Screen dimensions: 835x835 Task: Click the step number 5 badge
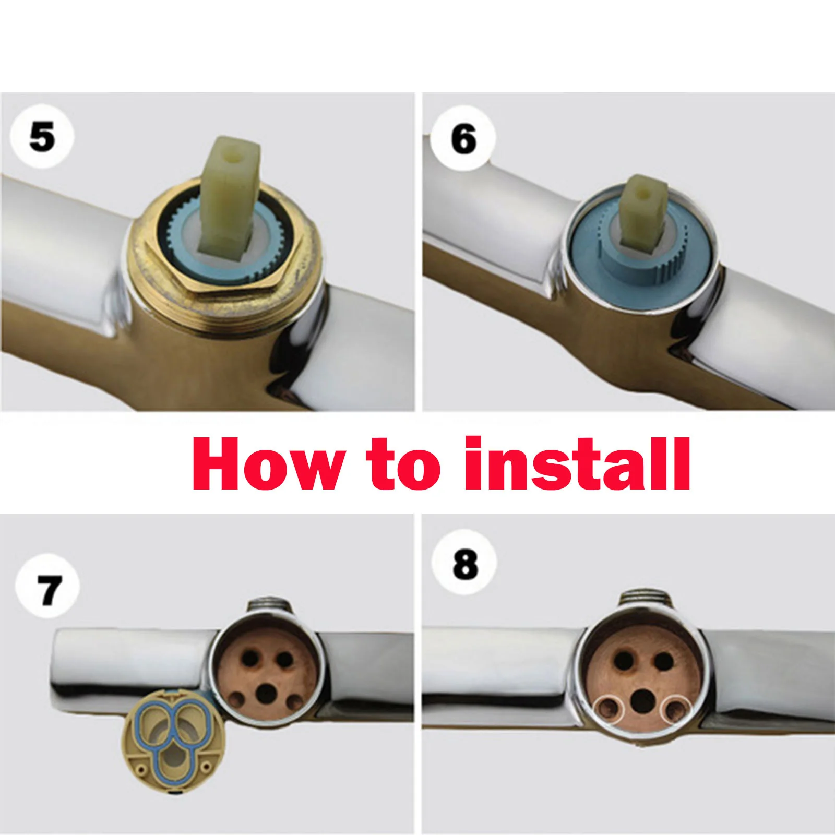pyautogui.click(x=42, y=137)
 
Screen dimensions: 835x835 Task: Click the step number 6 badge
pyautogui.click(x=464, y=139)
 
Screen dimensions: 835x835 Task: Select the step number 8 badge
pyautogui.click(x=465, y=564)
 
